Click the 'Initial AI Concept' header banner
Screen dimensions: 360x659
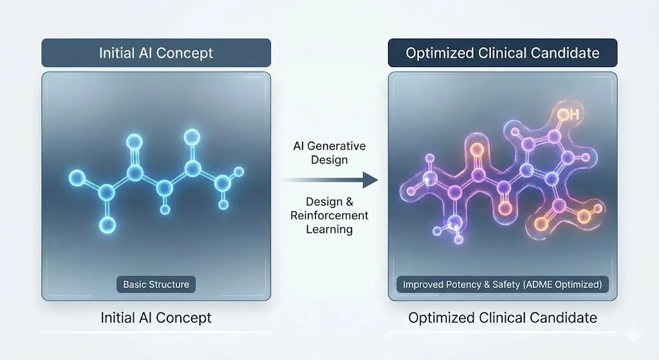click(x=156, y=53)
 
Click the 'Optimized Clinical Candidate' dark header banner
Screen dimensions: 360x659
click(x=503, y=53)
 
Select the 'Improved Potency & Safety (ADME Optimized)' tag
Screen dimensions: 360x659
click(x=503, y=284)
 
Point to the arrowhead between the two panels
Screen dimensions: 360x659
click(x=369, y=180)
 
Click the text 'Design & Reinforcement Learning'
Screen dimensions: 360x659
click(x=329, y=215)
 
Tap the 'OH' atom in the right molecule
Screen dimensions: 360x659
click(x=567, y=116)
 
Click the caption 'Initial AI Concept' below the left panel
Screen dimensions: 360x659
click(x=156, y=317)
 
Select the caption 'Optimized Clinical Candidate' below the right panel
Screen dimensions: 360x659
click(x=503, y=317)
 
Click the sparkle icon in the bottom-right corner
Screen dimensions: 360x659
click(x=633, y=334)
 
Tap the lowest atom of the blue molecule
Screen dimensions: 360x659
click(x=107, y=224)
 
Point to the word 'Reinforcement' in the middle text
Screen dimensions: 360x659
click(x=329, y=215)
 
